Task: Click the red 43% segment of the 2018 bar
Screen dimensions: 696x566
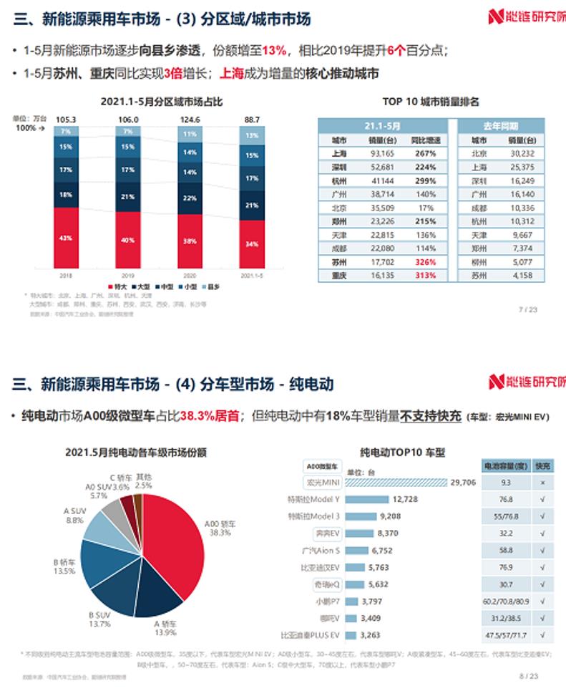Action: point(66,237)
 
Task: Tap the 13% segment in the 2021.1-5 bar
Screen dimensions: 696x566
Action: point(252,135)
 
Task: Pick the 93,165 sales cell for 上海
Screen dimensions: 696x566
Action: point(382,153)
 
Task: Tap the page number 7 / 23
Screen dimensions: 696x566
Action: point(527,310)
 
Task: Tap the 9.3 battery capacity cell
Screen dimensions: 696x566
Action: point(506,483)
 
